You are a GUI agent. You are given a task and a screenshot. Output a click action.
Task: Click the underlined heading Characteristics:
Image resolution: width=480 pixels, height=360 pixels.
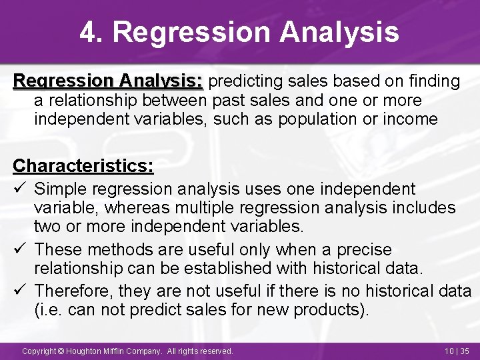[x=83, y=165]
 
